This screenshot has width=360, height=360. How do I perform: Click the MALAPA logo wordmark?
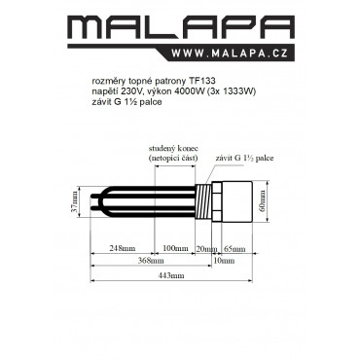coord(181,28)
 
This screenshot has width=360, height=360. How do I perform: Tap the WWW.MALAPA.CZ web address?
coord(230,54)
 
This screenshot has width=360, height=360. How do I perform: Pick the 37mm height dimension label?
coord(75,201)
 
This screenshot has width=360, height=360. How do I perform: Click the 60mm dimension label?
coord(262,201)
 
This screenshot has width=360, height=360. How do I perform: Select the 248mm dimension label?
coord(123,249)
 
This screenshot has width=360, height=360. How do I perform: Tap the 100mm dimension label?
coord(175,249)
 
